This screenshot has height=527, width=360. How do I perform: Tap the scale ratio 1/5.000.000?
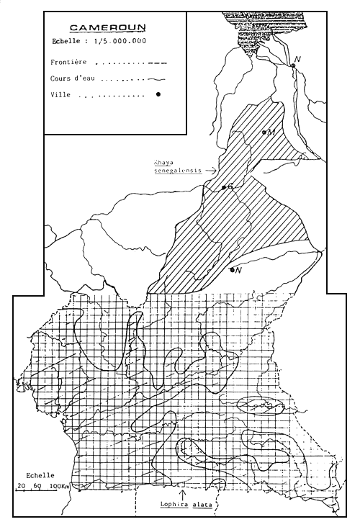pyautogui.click(x=120, y=42)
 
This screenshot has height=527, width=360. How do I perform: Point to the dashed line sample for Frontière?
pyautogui.click(x=156, y=63)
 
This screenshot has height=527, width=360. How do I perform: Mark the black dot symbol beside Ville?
pyautogui.click(x=156, y=94)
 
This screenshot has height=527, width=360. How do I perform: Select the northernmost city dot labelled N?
pyautogui.click(x=293, y=66)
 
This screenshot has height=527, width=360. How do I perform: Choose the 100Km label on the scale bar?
pyautogui.click(x=60, y=487)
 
